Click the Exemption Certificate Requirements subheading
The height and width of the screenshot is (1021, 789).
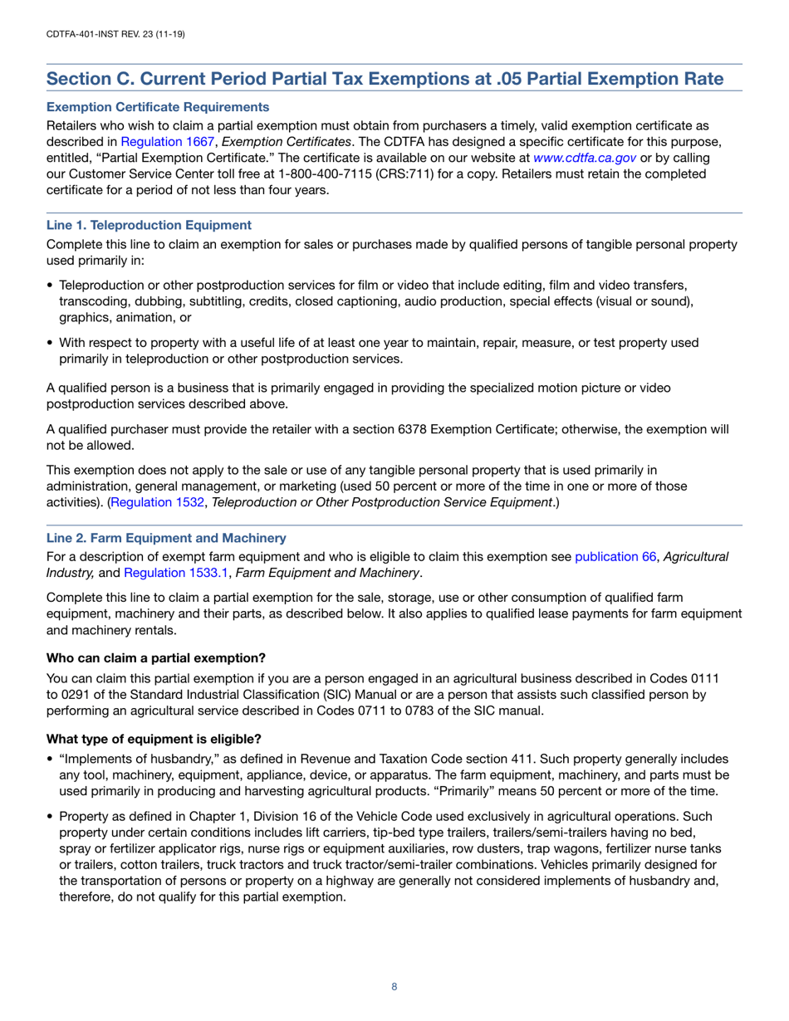(158, 107)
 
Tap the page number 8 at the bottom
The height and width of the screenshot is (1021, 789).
(394, 986)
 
